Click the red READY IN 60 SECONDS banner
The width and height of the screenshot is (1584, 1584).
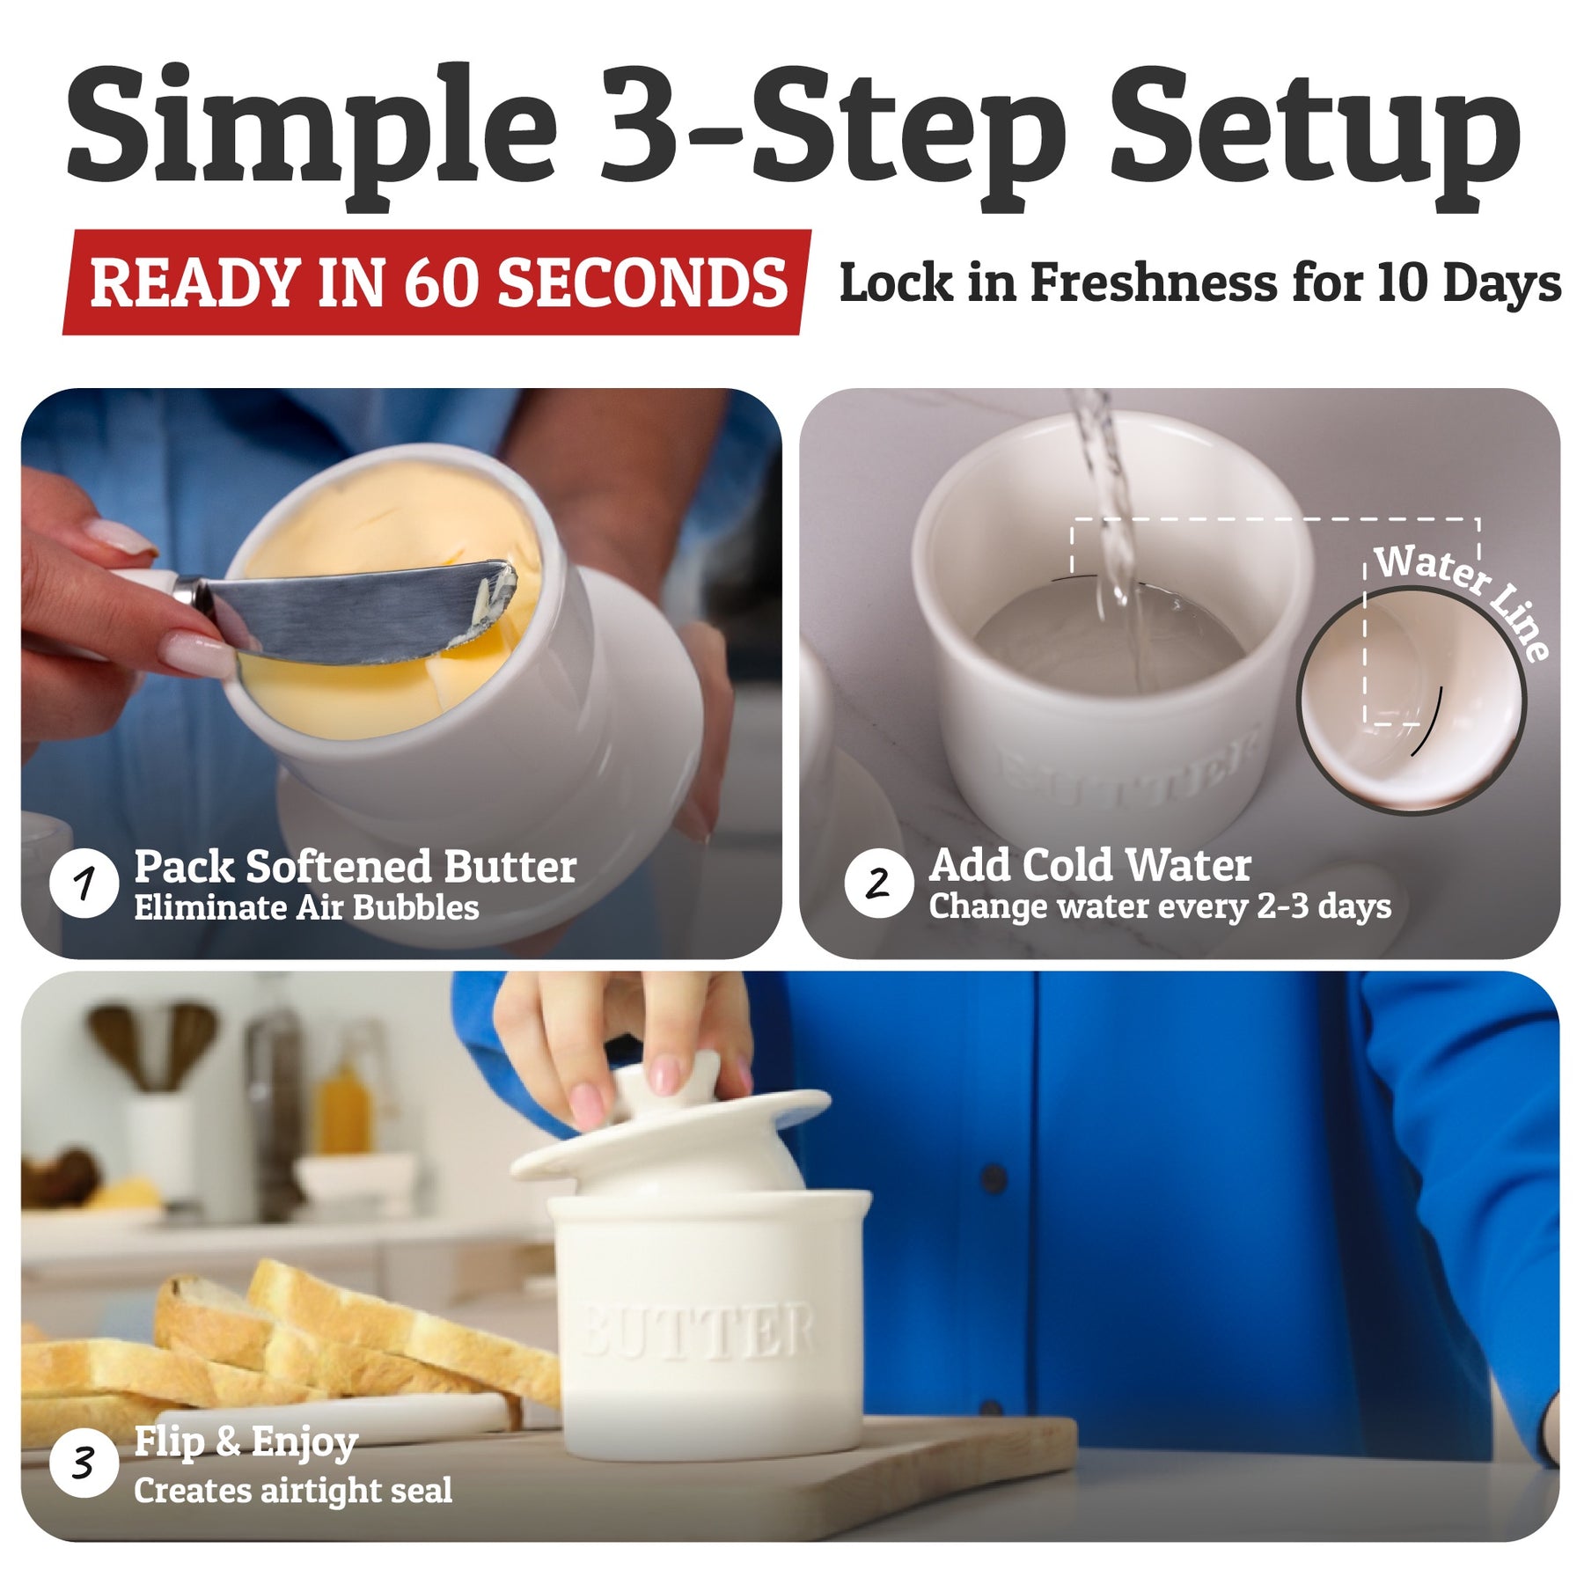point(437,282)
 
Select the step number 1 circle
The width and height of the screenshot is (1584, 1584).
point(84,884)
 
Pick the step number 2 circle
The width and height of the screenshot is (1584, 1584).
point(878,884)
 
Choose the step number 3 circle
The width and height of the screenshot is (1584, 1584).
point(84,1464)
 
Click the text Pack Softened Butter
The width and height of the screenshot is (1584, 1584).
point(356,867)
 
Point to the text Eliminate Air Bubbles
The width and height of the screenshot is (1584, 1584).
point(306,908)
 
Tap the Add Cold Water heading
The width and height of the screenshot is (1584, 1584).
point(1090,865)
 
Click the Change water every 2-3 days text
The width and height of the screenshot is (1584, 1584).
point(1160,906)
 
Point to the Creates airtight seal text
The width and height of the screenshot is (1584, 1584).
point(293,1490)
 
